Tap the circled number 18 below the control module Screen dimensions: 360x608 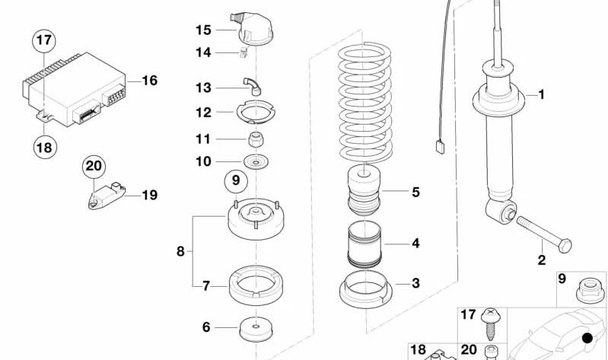[x=44, y=146]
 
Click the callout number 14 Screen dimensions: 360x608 [x=202, y=53]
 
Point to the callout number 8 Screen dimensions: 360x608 [x=180, y=250]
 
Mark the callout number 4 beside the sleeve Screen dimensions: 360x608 [x=415, y=244]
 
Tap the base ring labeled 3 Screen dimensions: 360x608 [x=364, y=289]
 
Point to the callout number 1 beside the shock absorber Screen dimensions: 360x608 [x=541, y=95]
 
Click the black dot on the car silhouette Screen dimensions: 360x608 [x=586, y=338]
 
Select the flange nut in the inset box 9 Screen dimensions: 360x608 [x=588, y=288]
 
